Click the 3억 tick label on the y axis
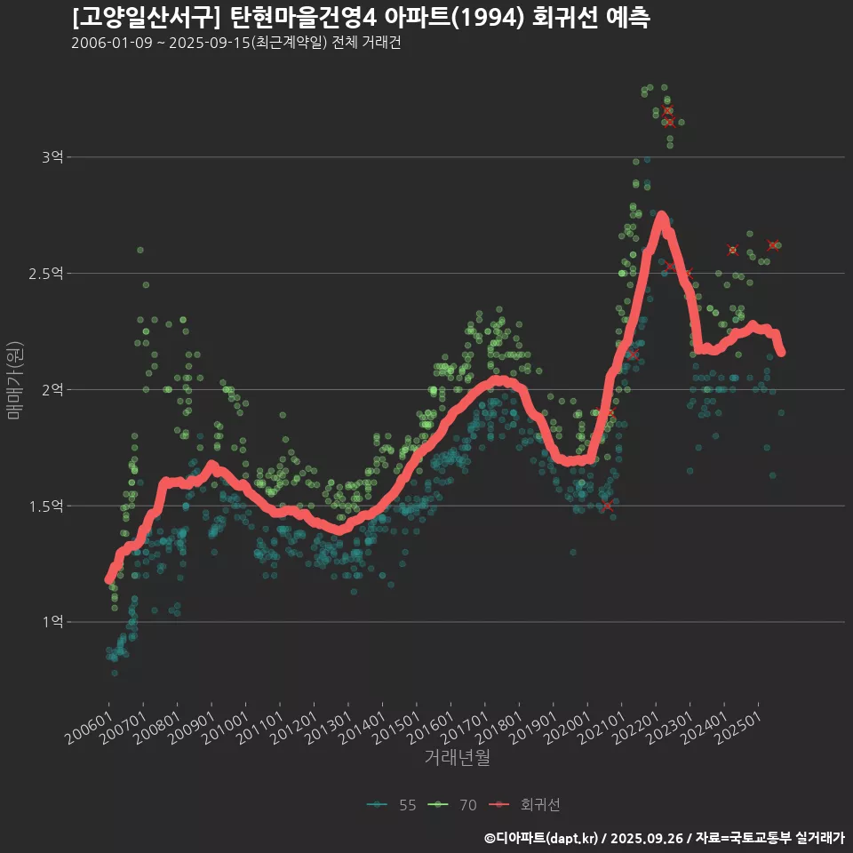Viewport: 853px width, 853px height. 52,157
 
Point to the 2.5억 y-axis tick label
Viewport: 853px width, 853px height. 46,274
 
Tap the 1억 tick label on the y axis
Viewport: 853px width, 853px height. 52,622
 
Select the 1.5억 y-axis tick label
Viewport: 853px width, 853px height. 46,506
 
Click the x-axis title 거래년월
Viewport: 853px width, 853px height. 457,757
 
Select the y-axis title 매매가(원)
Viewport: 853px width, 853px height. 14,379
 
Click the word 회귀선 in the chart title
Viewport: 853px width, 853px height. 560,18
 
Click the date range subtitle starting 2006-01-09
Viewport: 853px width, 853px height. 235,43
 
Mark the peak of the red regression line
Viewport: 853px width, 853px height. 661,216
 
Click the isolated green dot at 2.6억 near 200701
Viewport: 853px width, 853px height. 140,250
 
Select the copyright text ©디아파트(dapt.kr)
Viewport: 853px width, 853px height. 542,838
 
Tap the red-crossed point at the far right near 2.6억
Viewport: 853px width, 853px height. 774,245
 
